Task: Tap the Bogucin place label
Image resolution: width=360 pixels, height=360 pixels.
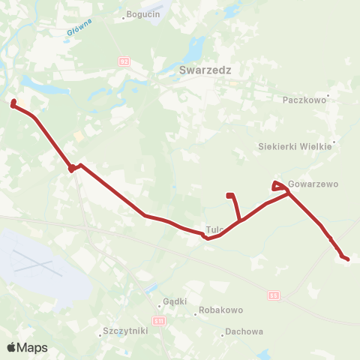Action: [144, 14]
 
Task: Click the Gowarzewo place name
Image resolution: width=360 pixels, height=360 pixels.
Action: [313, 184]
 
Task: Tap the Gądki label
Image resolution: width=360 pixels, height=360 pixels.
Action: [174, 301]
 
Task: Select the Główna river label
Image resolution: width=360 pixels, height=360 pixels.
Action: [79, 25]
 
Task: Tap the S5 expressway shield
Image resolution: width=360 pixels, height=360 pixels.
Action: [274, 296]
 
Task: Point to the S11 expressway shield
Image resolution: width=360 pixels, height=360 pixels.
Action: [159, 320]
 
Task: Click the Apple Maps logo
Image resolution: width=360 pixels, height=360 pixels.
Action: [27, 347]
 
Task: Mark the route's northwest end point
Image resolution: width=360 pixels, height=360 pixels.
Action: [13, 103]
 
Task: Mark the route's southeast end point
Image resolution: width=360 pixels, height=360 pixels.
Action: [346, 259]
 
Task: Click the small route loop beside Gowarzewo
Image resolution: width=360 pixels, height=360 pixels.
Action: [277, 184]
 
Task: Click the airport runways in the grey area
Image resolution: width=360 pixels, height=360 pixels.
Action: [34, 262]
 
